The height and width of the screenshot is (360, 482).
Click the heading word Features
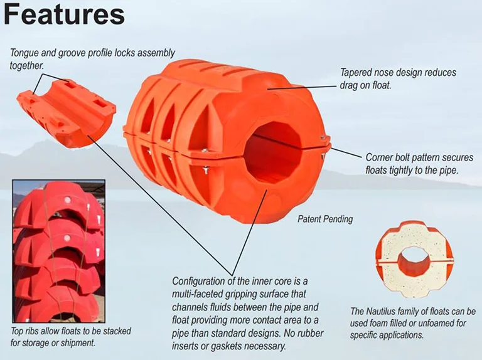tap(63, 16)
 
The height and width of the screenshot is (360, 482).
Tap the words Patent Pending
tap(325, 220)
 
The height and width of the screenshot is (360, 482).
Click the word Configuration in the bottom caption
tap(201, 281)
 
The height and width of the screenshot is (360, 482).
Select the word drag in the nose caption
tap(350, 85)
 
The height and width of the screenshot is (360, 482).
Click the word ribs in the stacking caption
tap(38, 331)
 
